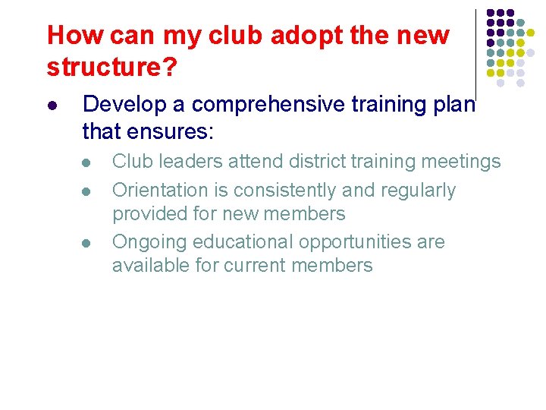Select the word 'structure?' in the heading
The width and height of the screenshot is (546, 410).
[112, 68]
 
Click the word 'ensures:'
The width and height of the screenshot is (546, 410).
[179, 132]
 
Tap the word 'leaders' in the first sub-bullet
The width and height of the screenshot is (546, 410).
[191, 162]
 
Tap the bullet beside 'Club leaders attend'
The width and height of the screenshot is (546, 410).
[87, 162]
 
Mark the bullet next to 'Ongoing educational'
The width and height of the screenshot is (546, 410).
[87, 243]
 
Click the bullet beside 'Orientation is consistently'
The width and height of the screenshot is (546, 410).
[87, 191]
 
